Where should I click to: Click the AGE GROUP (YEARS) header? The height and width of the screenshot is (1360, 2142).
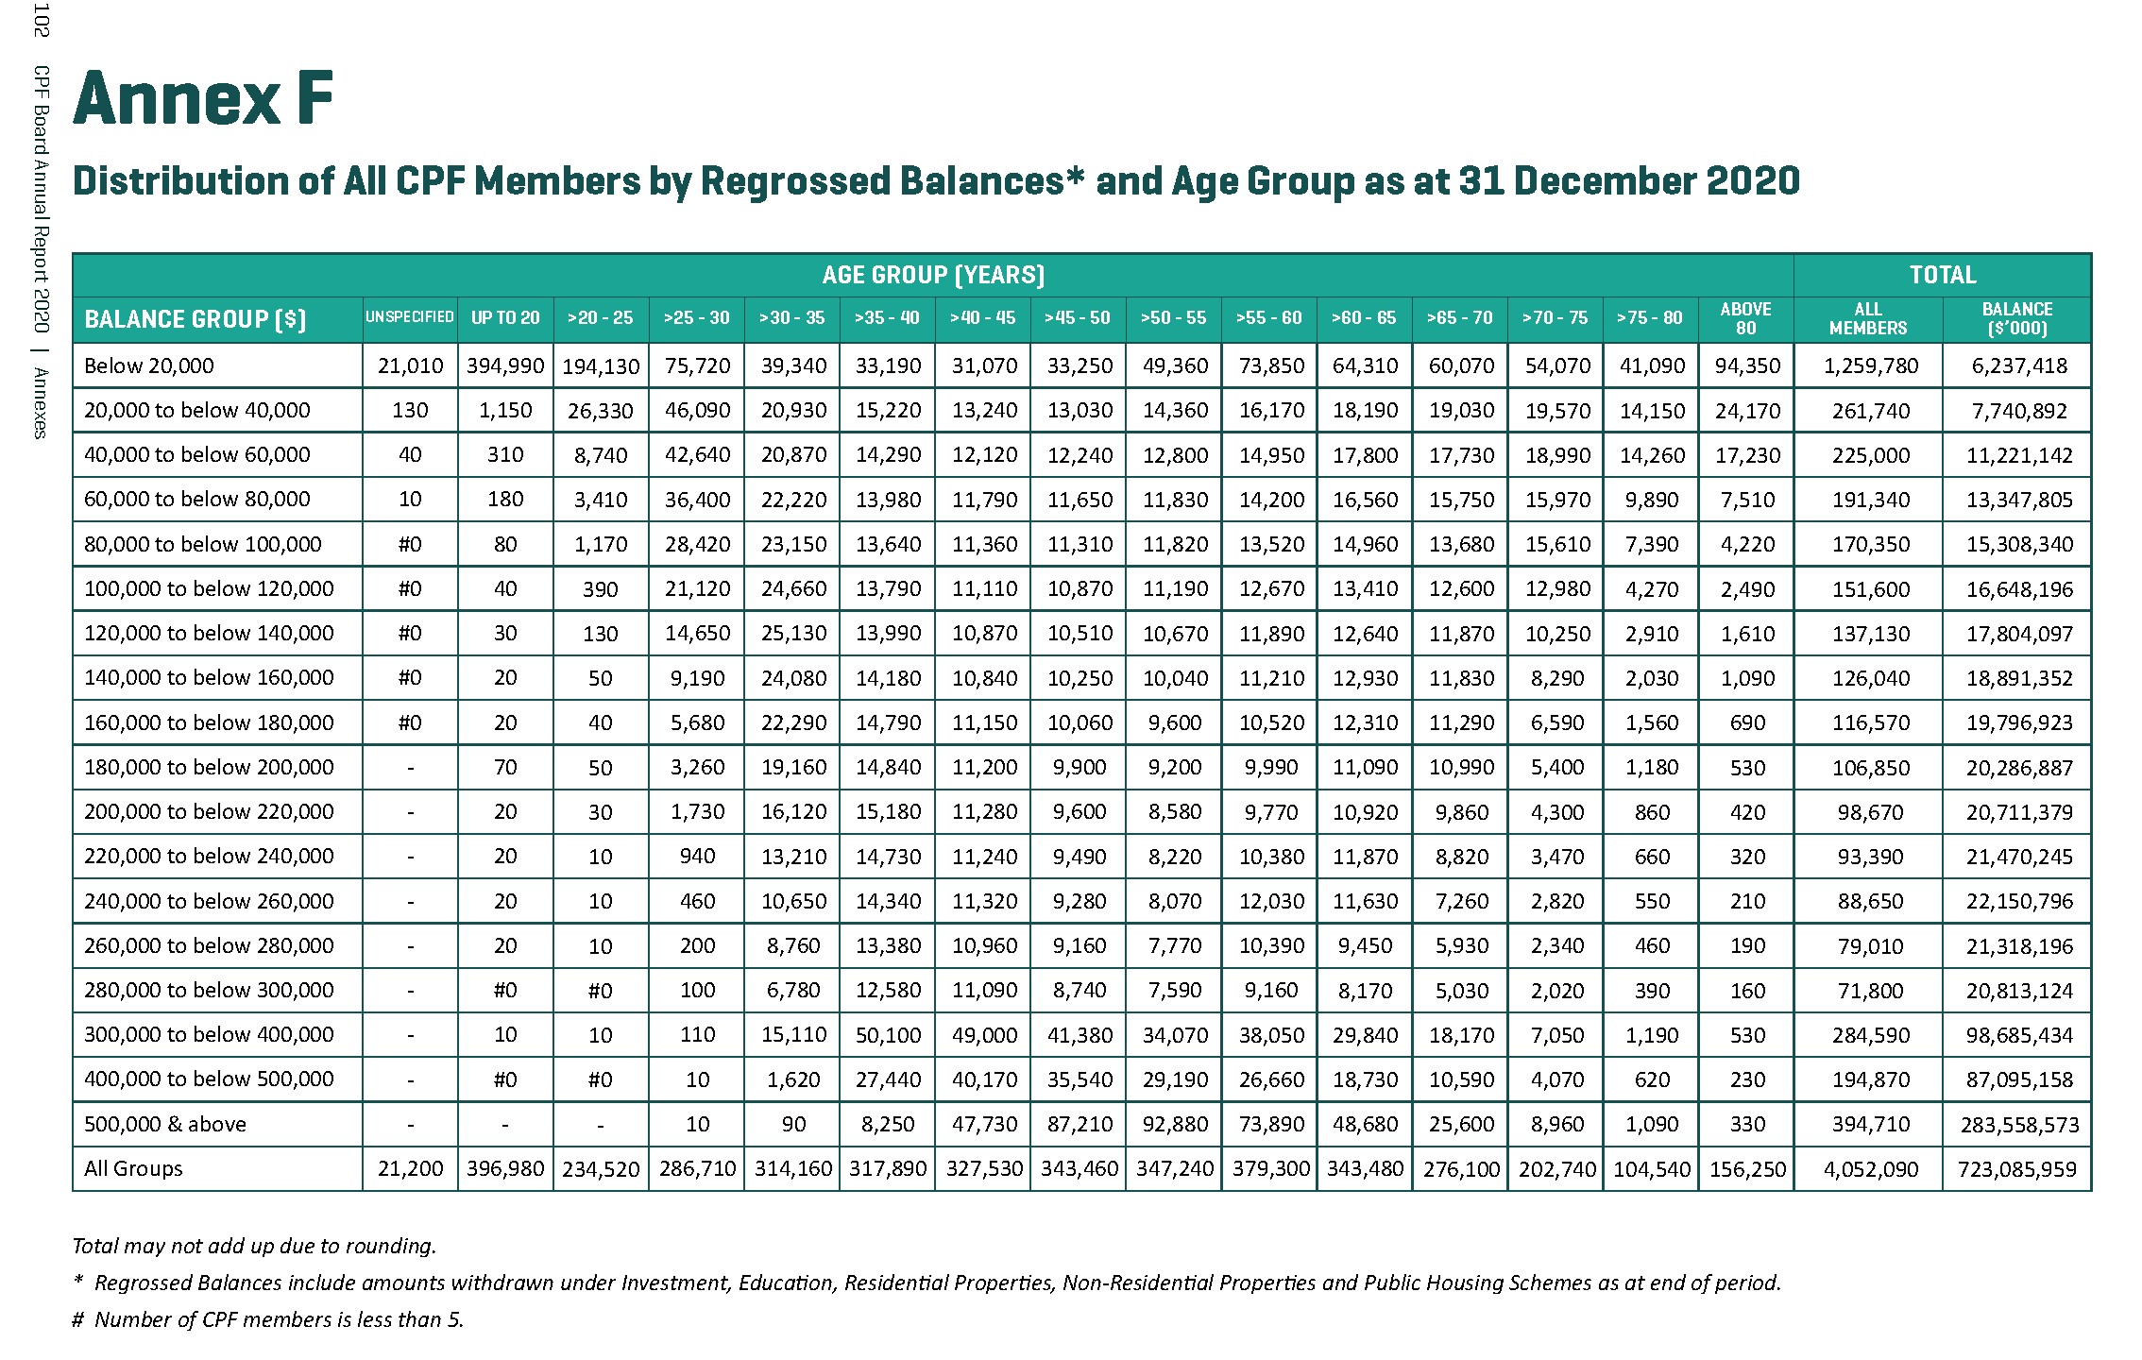[933, 275]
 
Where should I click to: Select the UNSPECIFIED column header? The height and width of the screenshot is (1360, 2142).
[410, 318]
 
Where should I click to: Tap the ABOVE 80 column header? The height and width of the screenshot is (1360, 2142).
[1745, 318]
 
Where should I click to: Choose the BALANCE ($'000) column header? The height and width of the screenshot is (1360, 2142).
[2017, 318]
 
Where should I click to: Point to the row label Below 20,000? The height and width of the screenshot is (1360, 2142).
[149, 365]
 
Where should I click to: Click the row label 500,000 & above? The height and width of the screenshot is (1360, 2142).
[165, 1124]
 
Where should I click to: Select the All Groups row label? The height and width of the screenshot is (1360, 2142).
[133, 1168]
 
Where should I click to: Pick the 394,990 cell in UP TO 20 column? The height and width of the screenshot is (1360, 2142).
[505, 365]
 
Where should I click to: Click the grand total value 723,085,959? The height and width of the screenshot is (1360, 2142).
[2017, 1169]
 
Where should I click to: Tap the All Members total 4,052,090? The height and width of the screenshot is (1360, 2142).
[1870, 1169]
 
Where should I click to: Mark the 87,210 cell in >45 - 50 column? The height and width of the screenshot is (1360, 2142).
[1079, 1124]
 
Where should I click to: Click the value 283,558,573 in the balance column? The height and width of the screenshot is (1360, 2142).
[2019, 1125]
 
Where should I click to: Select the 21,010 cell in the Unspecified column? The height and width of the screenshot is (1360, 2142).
[410, 365]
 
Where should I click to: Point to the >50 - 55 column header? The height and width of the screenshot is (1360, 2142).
[1173, 318]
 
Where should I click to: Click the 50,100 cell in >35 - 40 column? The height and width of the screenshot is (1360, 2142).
[888, 1035]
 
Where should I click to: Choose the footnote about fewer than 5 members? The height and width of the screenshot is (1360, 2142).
[268, 1319]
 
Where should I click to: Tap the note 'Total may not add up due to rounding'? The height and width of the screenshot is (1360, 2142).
[254, 1246]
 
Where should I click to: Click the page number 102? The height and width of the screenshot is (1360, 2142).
[41, 21]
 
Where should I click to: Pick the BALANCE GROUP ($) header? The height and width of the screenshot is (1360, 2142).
[195, 319]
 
